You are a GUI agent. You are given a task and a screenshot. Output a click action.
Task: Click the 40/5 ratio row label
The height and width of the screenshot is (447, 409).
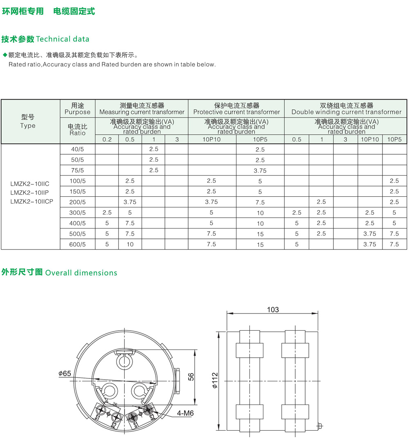tap(77, 149)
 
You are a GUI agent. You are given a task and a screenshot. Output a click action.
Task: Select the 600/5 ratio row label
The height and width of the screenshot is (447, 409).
tap(77, 245)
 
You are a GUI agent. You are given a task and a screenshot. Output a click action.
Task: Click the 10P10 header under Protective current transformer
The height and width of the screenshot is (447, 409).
tap(211, 139)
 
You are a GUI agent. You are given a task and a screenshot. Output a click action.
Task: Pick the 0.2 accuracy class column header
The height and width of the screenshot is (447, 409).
tap(107, 139)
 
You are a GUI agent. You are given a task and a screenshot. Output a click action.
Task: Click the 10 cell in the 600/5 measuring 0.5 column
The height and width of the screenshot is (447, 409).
tap(130, 245)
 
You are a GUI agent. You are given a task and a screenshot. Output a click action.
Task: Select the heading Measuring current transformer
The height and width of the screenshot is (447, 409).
tap(142, 109)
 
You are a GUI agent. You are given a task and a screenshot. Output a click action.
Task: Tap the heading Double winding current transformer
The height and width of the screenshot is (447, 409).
tap(346, 109)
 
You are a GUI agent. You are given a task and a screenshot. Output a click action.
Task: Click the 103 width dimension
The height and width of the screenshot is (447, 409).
tap(273, 309)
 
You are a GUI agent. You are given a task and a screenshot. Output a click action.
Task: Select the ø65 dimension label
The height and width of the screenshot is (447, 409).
tap(65, 374)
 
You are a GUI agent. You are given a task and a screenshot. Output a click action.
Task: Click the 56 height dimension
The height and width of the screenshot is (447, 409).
tap(191, 376)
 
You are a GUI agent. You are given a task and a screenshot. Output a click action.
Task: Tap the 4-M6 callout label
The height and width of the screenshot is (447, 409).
tap(185, 413)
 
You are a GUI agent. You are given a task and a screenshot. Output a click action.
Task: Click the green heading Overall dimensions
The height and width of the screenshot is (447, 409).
tap(81, 273)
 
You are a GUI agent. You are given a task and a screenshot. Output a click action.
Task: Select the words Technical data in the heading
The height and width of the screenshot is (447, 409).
tap(63, 39)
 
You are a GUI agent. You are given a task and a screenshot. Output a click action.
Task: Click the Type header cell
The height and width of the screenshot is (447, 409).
tap(28, 122)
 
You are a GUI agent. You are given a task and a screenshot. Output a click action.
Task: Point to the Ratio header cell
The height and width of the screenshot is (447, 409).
tap(77, 130)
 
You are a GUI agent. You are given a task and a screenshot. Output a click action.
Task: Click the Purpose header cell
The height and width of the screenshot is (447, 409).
tap(77, 109)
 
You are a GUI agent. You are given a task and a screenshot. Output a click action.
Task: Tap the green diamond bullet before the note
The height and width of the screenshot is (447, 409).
tap(5, 55)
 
